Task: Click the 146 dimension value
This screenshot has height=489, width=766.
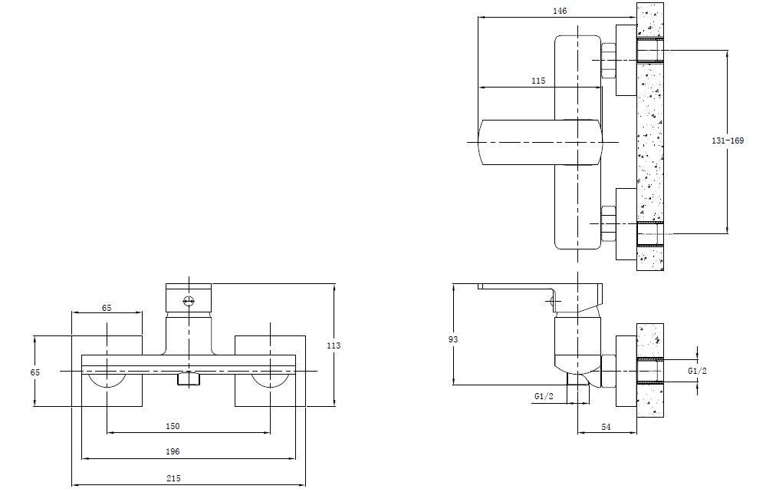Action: coord(560,11)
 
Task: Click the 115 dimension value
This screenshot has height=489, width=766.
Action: coord(538,81)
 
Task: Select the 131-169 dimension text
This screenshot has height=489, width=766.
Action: coord(728,140)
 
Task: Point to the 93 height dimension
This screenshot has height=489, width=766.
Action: coord(453,339)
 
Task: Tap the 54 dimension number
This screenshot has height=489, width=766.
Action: coord(606,427)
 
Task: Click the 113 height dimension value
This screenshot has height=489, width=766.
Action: coord(334,345)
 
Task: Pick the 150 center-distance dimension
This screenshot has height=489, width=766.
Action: coord(173,426)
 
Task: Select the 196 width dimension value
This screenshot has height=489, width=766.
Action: coord(173,451)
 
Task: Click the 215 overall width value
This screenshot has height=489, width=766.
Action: coord(173,478)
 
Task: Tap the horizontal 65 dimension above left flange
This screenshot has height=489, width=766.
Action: coord(107,308)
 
